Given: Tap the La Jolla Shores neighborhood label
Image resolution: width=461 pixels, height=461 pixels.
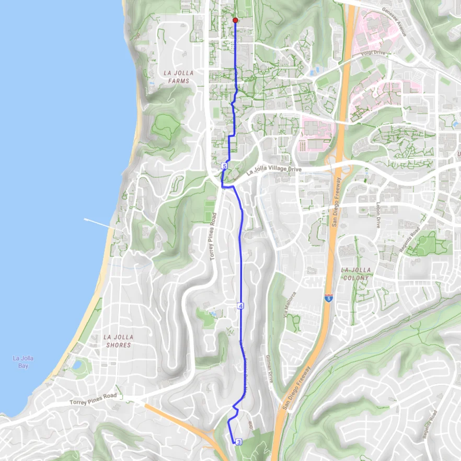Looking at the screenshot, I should [118, 341].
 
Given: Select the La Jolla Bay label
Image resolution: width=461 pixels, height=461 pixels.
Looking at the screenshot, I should [23, 362].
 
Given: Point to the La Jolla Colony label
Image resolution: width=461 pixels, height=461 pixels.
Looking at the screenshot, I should [356, 273].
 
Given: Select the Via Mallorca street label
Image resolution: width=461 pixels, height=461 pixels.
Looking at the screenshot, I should [286, 305].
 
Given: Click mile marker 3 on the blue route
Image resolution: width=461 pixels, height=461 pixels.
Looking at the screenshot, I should [239, 442].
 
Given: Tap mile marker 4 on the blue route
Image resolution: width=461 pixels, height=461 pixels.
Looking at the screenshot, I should [240, 306].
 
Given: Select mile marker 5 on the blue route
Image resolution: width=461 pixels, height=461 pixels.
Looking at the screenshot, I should [224, 166].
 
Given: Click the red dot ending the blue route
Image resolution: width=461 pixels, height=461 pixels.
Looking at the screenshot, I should [235, 20].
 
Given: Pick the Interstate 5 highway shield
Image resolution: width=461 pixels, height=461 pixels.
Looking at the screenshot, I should [328, 298].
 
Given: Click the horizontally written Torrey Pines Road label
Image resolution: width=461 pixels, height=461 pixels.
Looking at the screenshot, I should [93, 399].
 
